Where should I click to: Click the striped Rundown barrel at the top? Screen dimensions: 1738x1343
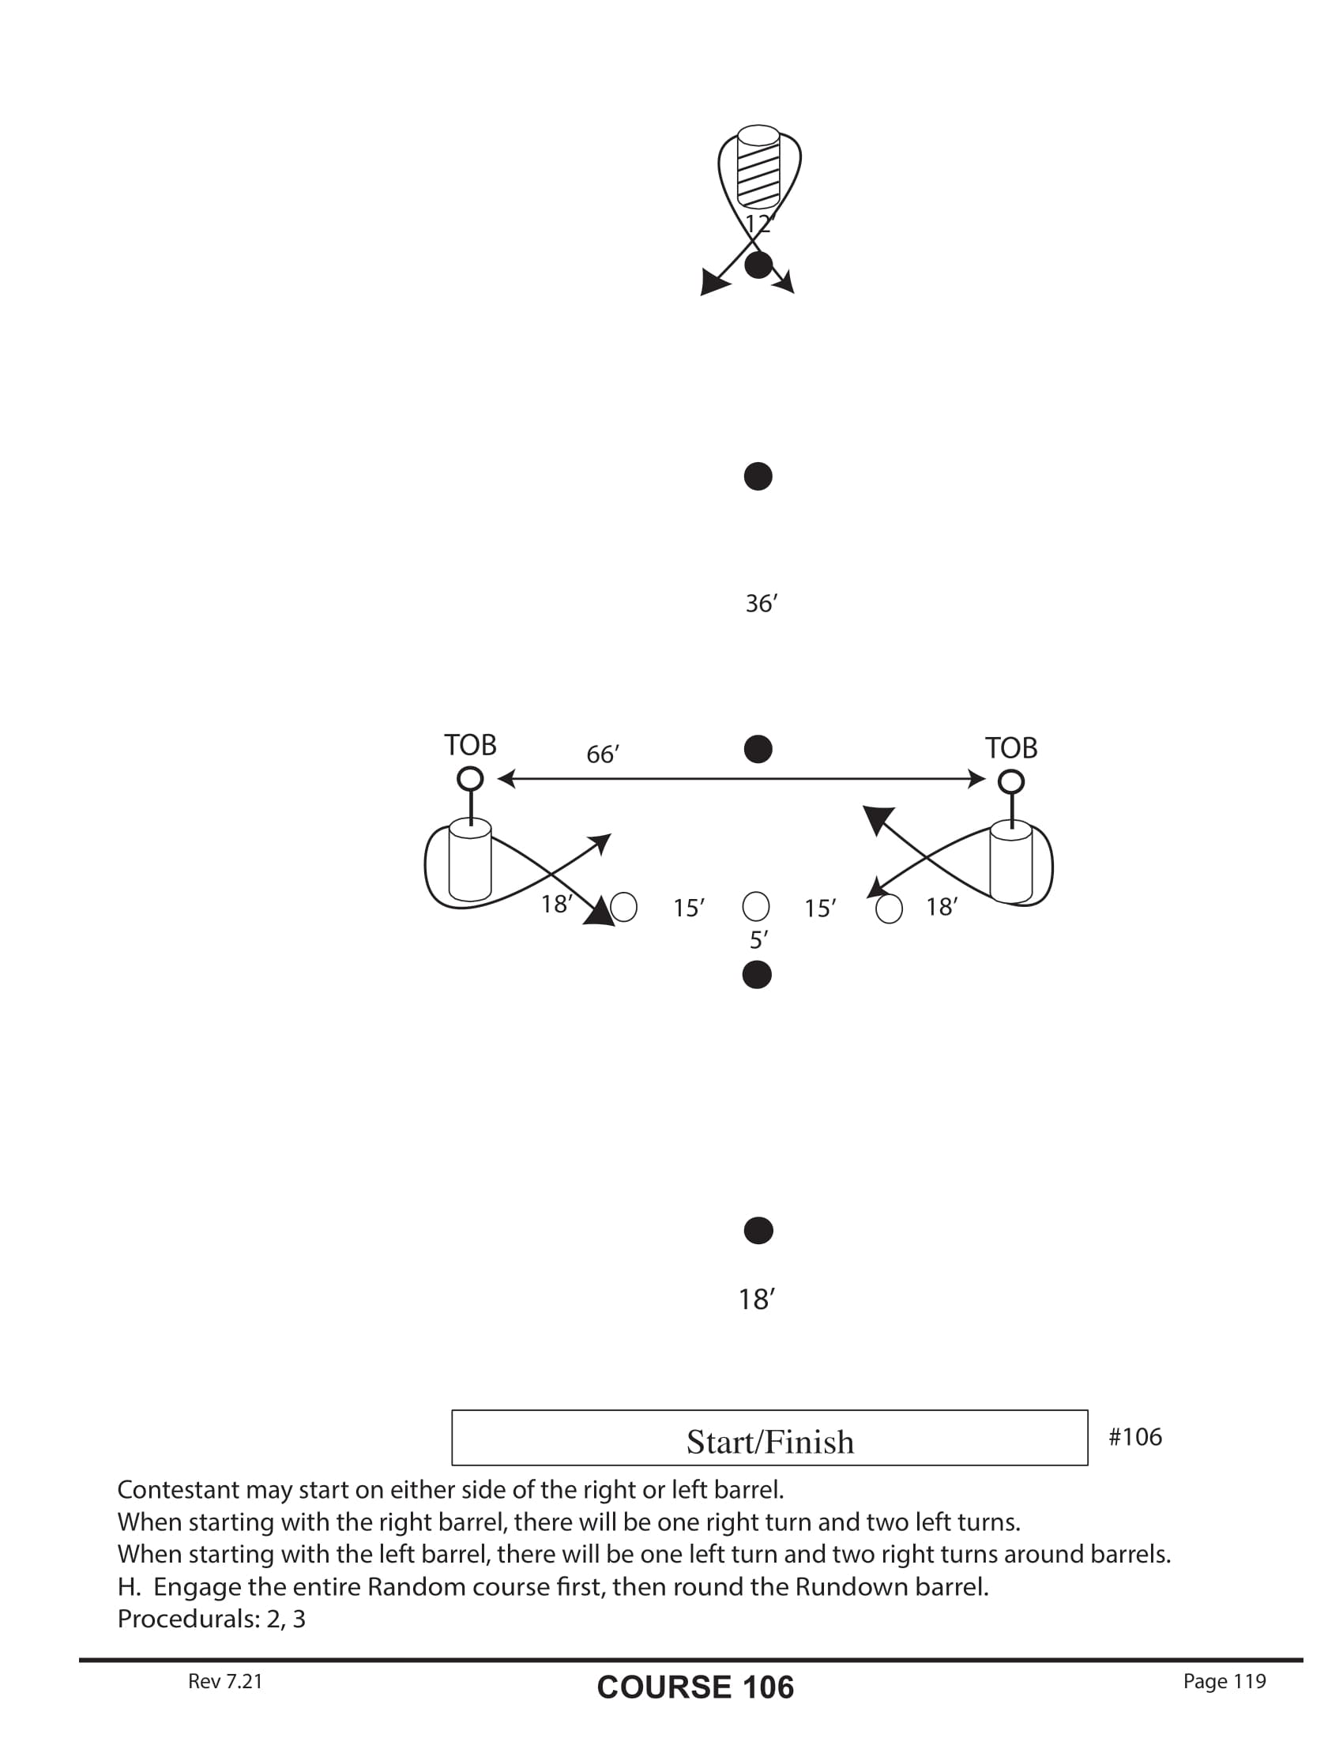(758, 167)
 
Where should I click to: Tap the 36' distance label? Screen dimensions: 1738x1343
(761, 604)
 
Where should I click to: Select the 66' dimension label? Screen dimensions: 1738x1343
(602, 754)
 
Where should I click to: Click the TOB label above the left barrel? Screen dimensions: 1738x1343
(470, 746)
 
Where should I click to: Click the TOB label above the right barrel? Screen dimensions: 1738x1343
(1011, 748)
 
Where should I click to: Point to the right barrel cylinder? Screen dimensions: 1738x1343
(1010, 863)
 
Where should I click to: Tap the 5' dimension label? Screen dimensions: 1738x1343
(758, 940)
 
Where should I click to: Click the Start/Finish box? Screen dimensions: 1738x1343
(769, 1437)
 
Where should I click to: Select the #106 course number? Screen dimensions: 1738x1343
(1135, 1436)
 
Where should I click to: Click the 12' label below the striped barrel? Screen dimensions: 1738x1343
(759, 224)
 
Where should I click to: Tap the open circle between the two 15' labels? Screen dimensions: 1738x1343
(755, 905)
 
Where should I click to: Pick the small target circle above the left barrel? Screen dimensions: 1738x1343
(470, 778)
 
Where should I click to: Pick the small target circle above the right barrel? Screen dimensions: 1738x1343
(1011, 782)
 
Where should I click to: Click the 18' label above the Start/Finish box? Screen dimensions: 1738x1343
(757, 1300)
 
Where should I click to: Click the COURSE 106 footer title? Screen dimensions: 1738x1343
(695, 1687)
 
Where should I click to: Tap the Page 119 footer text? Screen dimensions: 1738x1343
(1224, 1680)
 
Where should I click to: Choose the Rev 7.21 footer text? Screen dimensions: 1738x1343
(225, 1680)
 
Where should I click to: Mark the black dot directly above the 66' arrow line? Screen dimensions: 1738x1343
(758, 749)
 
